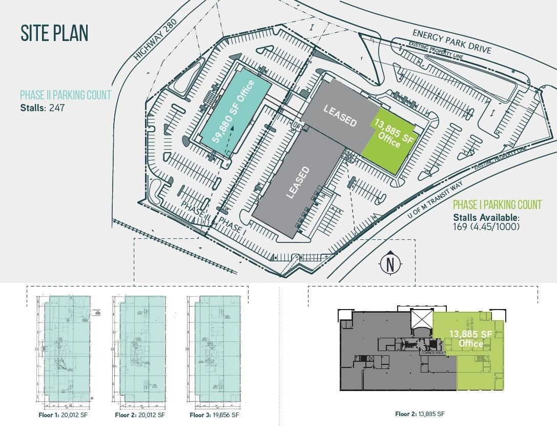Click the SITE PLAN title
tap(54, 33)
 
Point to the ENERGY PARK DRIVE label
tap(452, 42)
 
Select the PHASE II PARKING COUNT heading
tap(66, 95)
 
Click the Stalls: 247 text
tap(43, 108)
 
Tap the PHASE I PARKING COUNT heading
tap(497, 205)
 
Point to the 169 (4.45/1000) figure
tap(486, 226)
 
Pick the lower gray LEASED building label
tap(298, 182)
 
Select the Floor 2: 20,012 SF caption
tap(140, 415)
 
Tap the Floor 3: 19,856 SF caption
tap(214, 415)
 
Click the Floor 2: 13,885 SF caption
tap(420, 414)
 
